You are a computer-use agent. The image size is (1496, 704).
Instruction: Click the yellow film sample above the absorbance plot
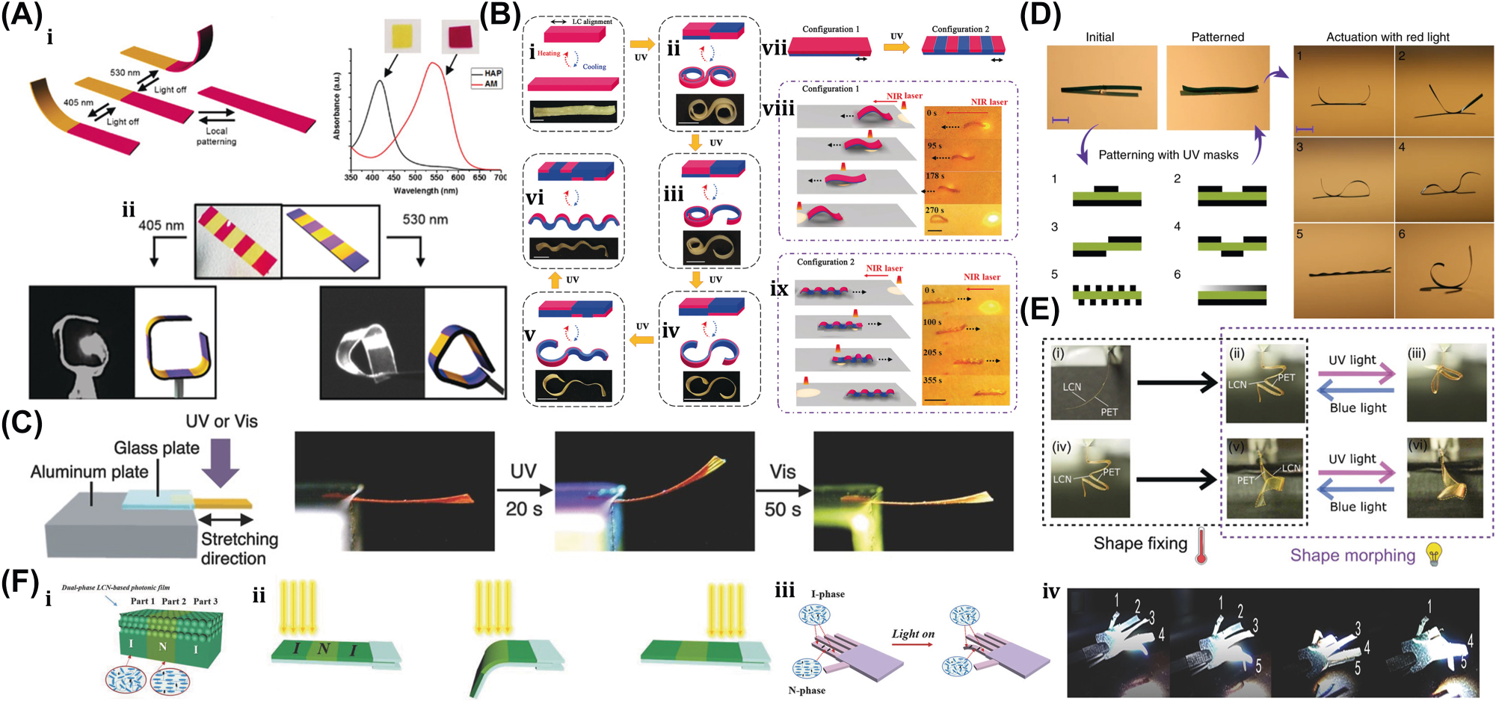point(402,36)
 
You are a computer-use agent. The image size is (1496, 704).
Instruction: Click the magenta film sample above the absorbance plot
point(460,36)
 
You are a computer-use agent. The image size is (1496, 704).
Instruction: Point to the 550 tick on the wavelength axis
point(437,177)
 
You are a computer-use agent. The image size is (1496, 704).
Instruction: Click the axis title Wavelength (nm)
point(425,191)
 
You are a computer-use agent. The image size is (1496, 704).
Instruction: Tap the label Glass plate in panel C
point(156,448)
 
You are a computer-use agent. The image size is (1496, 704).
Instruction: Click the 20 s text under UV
point(523,509)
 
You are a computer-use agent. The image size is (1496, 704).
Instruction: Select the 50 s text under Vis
point(782,509)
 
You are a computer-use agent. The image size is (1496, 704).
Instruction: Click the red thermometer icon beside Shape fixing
point(1201,546)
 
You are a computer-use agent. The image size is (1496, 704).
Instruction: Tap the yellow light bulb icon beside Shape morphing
point(1433,554)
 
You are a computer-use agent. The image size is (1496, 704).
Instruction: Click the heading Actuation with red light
point(1387,37)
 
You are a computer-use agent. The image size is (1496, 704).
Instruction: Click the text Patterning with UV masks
point(1168,155)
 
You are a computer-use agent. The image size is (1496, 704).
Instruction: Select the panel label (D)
point(1040,15)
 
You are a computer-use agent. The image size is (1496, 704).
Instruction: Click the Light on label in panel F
point(913,634)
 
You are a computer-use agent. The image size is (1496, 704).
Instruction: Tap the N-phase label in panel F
point(807,690)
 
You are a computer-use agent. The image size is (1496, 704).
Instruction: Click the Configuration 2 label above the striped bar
point(960,29)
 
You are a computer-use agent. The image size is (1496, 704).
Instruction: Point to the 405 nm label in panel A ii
point(161,225)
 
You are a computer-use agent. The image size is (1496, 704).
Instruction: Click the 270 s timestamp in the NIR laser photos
point(935,210)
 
